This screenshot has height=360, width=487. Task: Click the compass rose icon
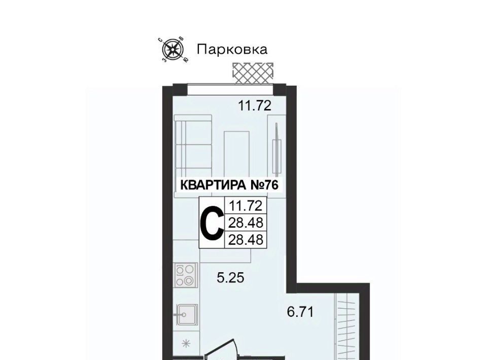point(173,49)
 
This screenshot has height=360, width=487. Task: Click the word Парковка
point(232,49)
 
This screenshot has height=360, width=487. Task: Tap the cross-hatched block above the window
point(253,73)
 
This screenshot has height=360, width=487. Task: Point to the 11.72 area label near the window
point(255,106)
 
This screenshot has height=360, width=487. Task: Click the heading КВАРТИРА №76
point(229,185)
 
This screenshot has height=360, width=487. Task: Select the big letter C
point(212,223)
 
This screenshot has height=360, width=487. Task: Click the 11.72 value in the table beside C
point(246,205)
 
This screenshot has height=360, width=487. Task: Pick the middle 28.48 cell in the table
point(246,223)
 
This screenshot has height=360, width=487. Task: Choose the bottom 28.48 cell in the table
point(246,240)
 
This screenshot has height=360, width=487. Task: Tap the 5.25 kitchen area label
point(230,278)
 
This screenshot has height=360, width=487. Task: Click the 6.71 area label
point(300,312)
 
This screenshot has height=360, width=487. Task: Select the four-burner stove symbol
point(186,275)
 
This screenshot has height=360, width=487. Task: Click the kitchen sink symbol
point(187,314)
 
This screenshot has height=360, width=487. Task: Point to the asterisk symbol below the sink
point(186,343)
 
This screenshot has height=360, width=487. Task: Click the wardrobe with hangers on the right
point(346,328)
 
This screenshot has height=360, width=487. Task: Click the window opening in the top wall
point(230,89)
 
